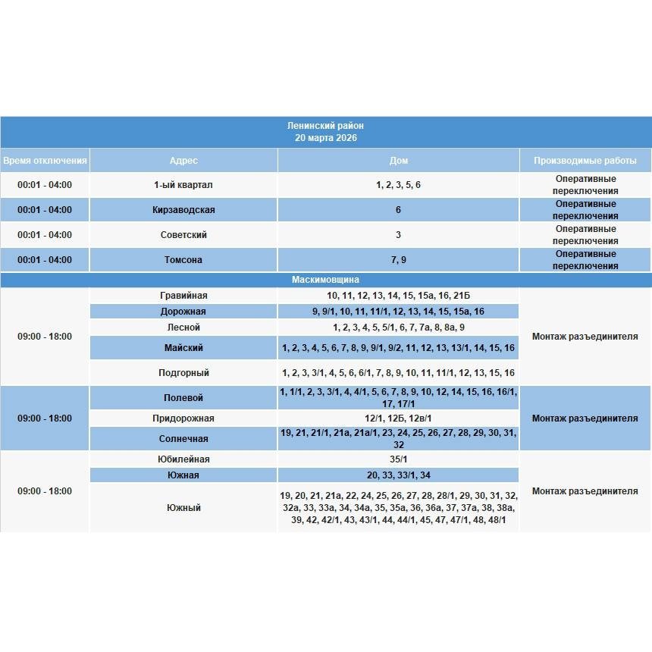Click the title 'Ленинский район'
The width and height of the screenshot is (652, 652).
(x=326, y=126)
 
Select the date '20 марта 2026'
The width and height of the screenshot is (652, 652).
(x=326, y=138)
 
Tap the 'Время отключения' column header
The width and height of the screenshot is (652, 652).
(x=45, y=161)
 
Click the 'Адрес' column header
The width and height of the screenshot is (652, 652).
(x=183, y=161)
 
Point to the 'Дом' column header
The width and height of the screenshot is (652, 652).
(x=398, y=161)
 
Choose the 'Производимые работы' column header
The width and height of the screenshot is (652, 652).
(x=585, y=161)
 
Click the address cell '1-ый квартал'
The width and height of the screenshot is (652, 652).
(x=183, y=185)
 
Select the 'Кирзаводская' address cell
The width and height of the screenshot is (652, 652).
(x=183, y=210)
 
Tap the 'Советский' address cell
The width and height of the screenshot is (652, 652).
(x=183, y=235)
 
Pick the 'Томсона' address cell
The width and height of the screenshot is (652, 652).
(x=183, y=260)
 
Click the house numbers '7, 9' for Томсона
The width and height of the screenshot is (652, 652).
(x=398, y=260)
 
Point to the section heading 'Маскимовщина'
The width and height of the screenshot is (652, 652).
(x=326, y=280)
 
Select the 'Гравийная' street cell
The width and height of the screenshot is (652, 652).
(x=183, y=296)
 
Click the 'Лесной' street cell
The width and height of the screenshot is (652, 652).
(x=183, y=328)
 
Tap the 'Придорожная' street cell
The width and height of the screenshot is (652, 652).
(x=183, y=418)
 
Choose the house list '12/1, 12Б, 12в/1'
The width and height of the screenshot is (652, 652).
(x=398, y=418)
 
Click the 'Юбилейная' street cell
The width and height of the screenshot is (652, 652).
(x=183, y=459)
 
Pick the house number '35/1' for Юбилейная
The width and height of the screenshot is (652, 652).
(x=398, y=459)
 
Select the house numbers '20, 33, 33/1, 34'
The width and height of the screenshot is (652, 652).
(x=398, y=475)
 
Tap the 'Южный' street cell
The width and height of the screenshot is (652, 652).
(x=183, y=508)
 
